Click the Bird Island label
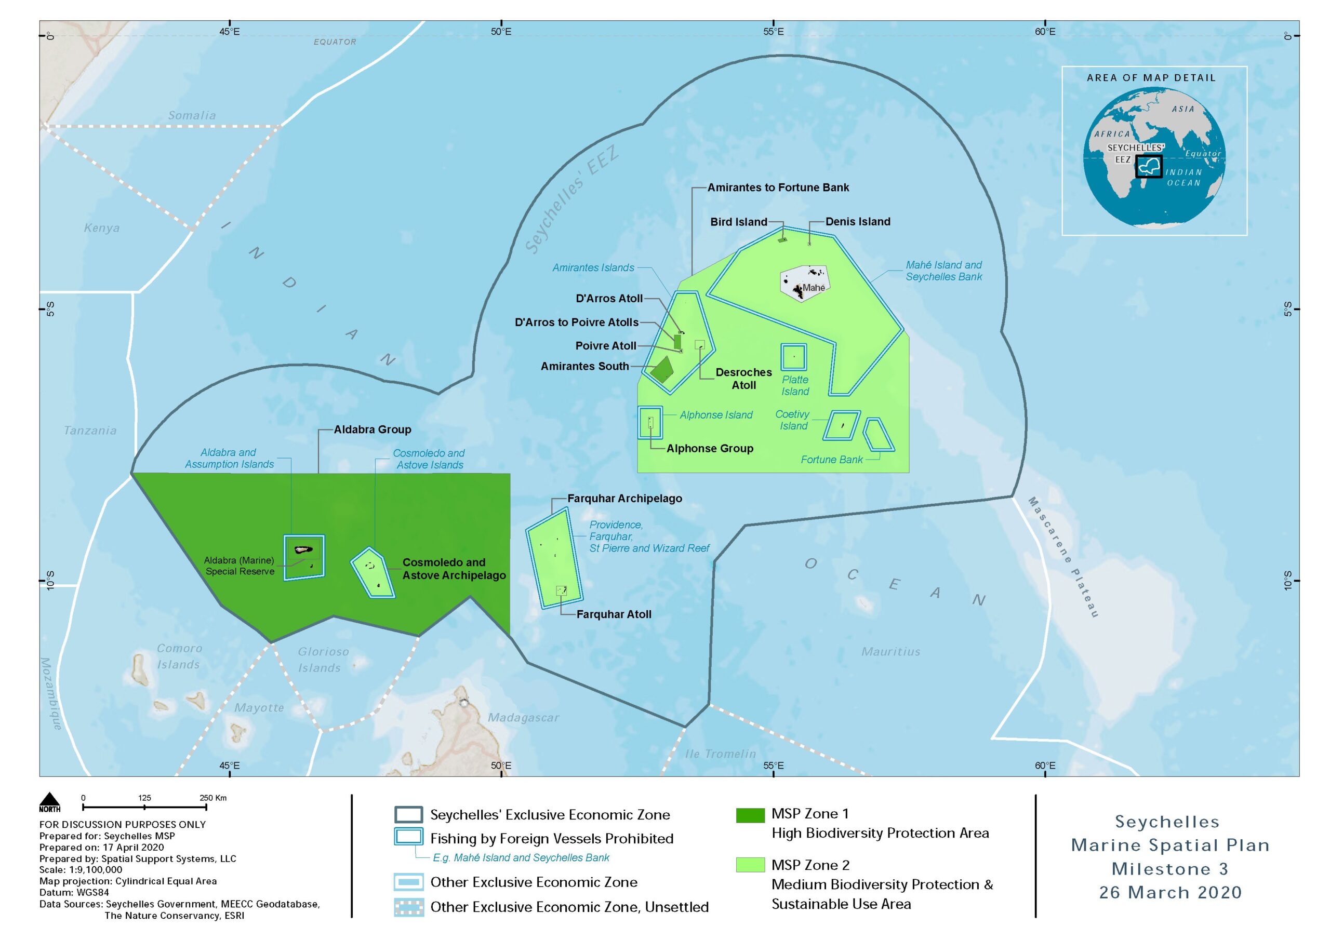[739, 222]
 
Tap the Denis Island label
[858, 221]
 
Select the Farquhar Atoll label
[614, 614]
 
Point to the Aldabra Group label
[372, 429]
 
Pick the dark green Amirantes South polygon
[661, 370]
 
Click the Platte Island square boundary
[794, 357]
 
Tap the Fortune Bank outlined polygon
[878, 434]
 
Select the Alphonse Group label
[710, 448]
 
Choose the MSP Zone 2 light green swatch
[750, 865]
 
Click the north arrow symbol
[50, 800]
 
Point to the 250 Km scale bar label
[212, 798]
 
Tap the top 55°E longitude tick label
[774, 31]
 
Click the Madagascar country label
[523, 718]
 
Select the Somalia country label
[192, 115]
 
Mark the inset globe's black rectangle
[1149, 166]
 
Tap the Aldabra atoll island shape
[303, 549]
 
